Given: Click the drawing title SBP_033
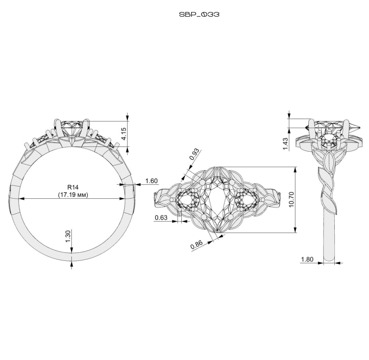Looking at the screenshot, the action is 199,14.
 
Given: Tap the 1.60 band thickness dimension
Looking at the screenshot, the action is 151,181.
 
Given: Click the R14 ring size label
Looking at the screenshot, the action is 73,187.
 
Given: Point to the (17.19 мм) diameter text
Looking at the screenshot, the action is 73,195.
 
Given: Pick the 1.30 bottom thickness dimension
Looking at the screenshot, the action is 68,236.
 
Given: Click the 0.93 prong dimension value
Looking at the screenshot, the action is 194,154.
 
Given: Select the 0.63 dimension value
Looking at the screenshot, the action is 161,218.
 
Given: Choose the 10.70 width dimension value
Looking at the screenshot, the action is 291,199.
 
